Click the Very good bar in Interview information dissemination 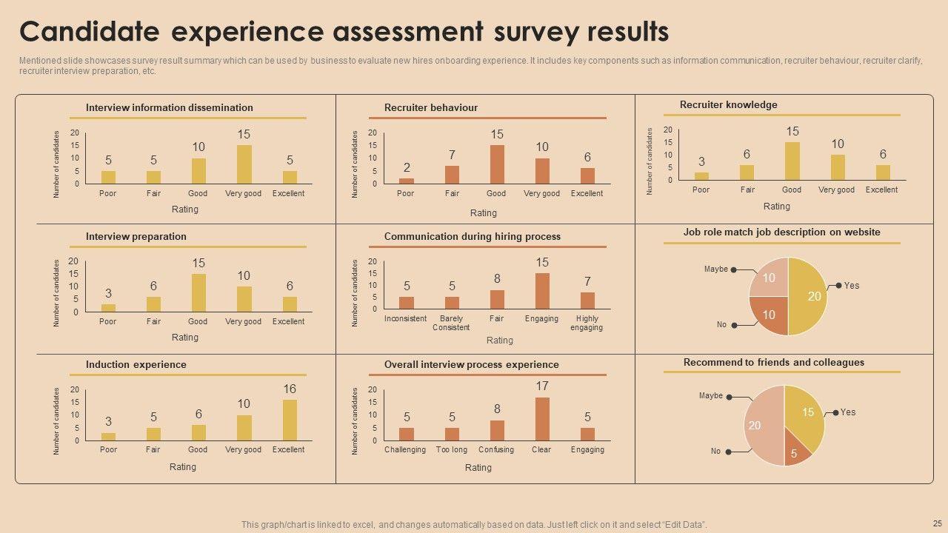[x=244, y=164]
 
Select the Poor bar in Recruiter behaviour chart [x=407, y=181]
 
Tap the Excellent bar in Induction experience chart [x=290, y=420]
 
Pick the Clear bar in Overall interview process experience [x=542, y=419]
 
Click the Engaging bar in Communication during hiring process [x=542, y=291]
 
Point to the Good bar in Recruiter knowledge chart [x=792, y=161]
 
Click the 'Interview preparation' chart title [x=136, y=236]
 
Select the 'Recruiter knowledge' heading [x=728, y=105]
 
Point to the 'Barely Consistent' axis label [x=451, y=323]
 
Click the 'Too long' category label [x=452, y=449]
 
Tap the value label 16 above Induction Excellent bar [x=290, y=389]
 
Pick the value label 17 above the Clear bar [x=542, y=386]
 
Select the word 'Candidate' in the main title [x=89, y=33]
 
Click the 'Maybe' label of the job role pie [x=715, y=269]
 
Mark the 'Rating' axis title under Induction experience [x=183, y=466]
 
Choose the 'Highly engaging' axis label [x=587, y=323]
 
